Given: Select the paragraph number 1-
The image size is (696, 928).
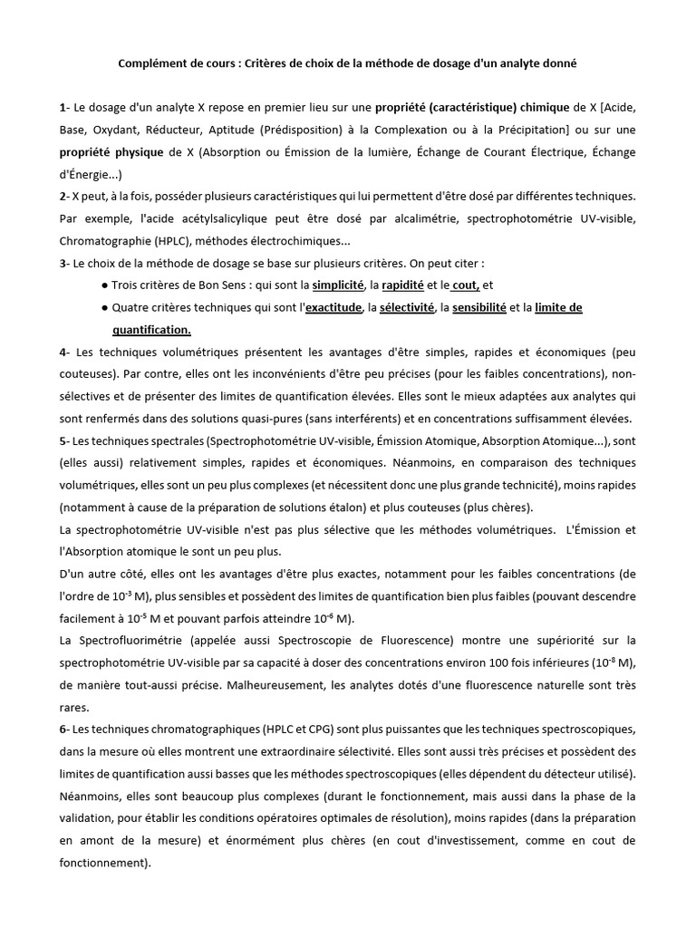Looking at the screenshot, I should pyautogui.click(x=63, y=109).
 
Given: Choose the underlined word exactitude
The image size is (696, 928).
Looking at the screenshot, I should pyautogui.click(x=330, y=308).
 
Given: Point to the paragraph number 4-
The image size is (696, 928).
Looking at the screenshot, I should pyautogui.click(x=63, y=352).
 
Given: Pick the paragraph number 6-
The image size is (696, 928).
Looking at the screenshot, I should pyautogui.click(x=63, y=730).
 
